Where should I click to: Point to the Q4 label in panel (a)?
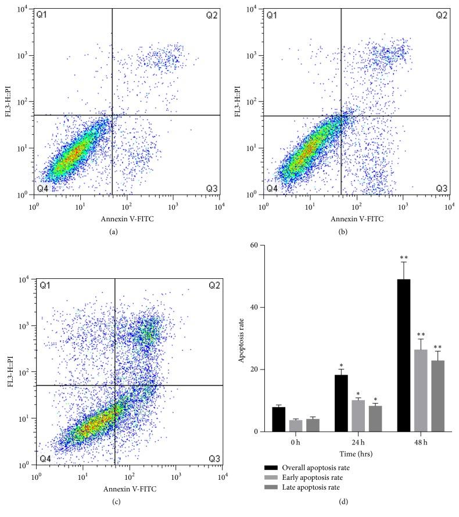click(x=42, y=189)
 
